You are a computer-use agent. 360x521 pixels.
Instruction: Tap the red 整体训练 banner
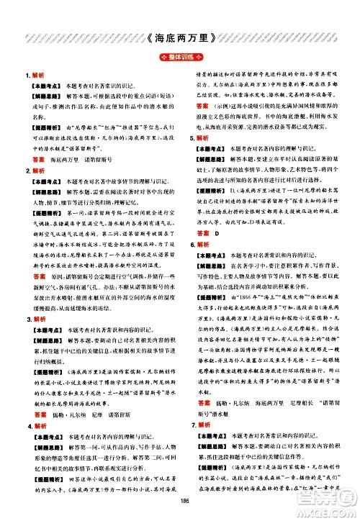coord(180,58)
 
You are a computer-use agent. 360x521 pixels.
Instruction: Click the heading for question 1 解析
coord(35,74)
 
